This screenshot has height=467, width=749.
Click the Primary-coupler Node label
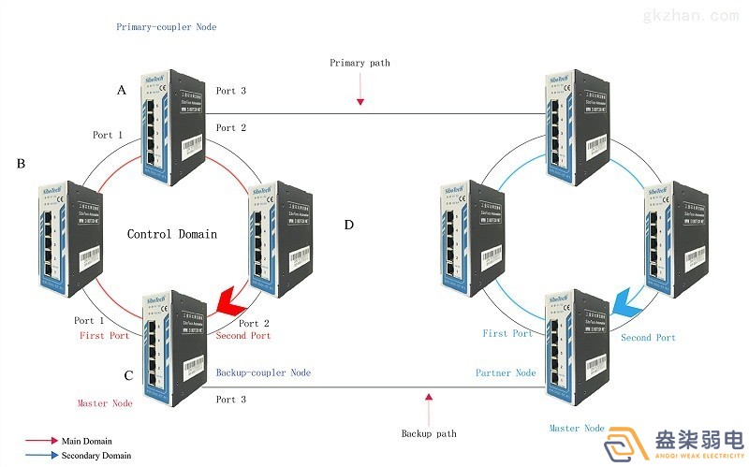tap(166, 27)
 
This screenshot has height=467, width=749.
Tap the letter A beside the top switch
tap(121, 90)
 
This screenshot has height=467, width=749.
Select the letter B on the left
tap(21, 164)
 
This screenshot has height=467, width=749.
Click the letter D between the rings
tap(349, 225)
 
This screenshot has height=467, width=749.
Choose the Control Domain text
tap(171, 234)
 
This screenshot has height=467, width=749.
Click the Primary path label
tap(360, 63)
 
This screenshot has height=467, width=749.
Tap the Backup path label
tap(429, 433)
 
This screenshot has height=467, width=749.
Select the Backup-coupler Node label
tap(263, 372)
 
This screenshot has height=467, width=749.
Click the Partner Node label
tap(507, 372)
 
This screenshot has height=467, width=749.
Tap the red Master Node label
tap(105, 403)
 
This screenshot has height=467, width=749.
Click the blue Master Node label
tap(577, 428)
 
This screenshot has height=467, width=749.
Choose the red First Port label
tap(104, 335)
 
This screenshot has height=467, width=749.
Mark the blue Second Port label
tap(648, 337)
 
